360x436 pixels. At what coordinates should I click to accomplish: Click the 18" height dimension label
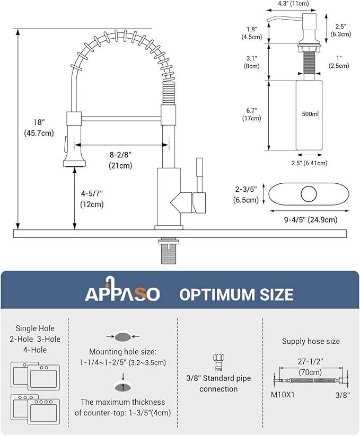[x=39, y=128]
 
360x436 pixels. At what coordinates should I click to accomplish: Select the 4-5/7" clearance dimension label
[x=91, y=199]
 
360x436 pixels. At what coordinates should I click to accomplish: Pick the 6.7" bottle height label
[x=252, y=114]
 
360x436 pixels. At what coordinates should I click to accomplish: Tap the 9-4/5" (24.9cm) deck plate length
[x=303, y=219]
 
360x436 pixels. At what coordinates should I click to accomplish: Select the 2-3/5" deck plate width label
[x=246, y=194]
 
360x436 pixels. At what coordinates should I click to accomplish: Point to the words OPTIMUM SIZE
[x=236, y=294]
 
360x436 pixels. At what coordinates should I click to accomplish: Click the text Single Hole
[x=35, y=328]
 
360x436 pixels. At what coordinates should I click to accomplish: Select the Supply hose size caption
[x=311, y=341]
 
